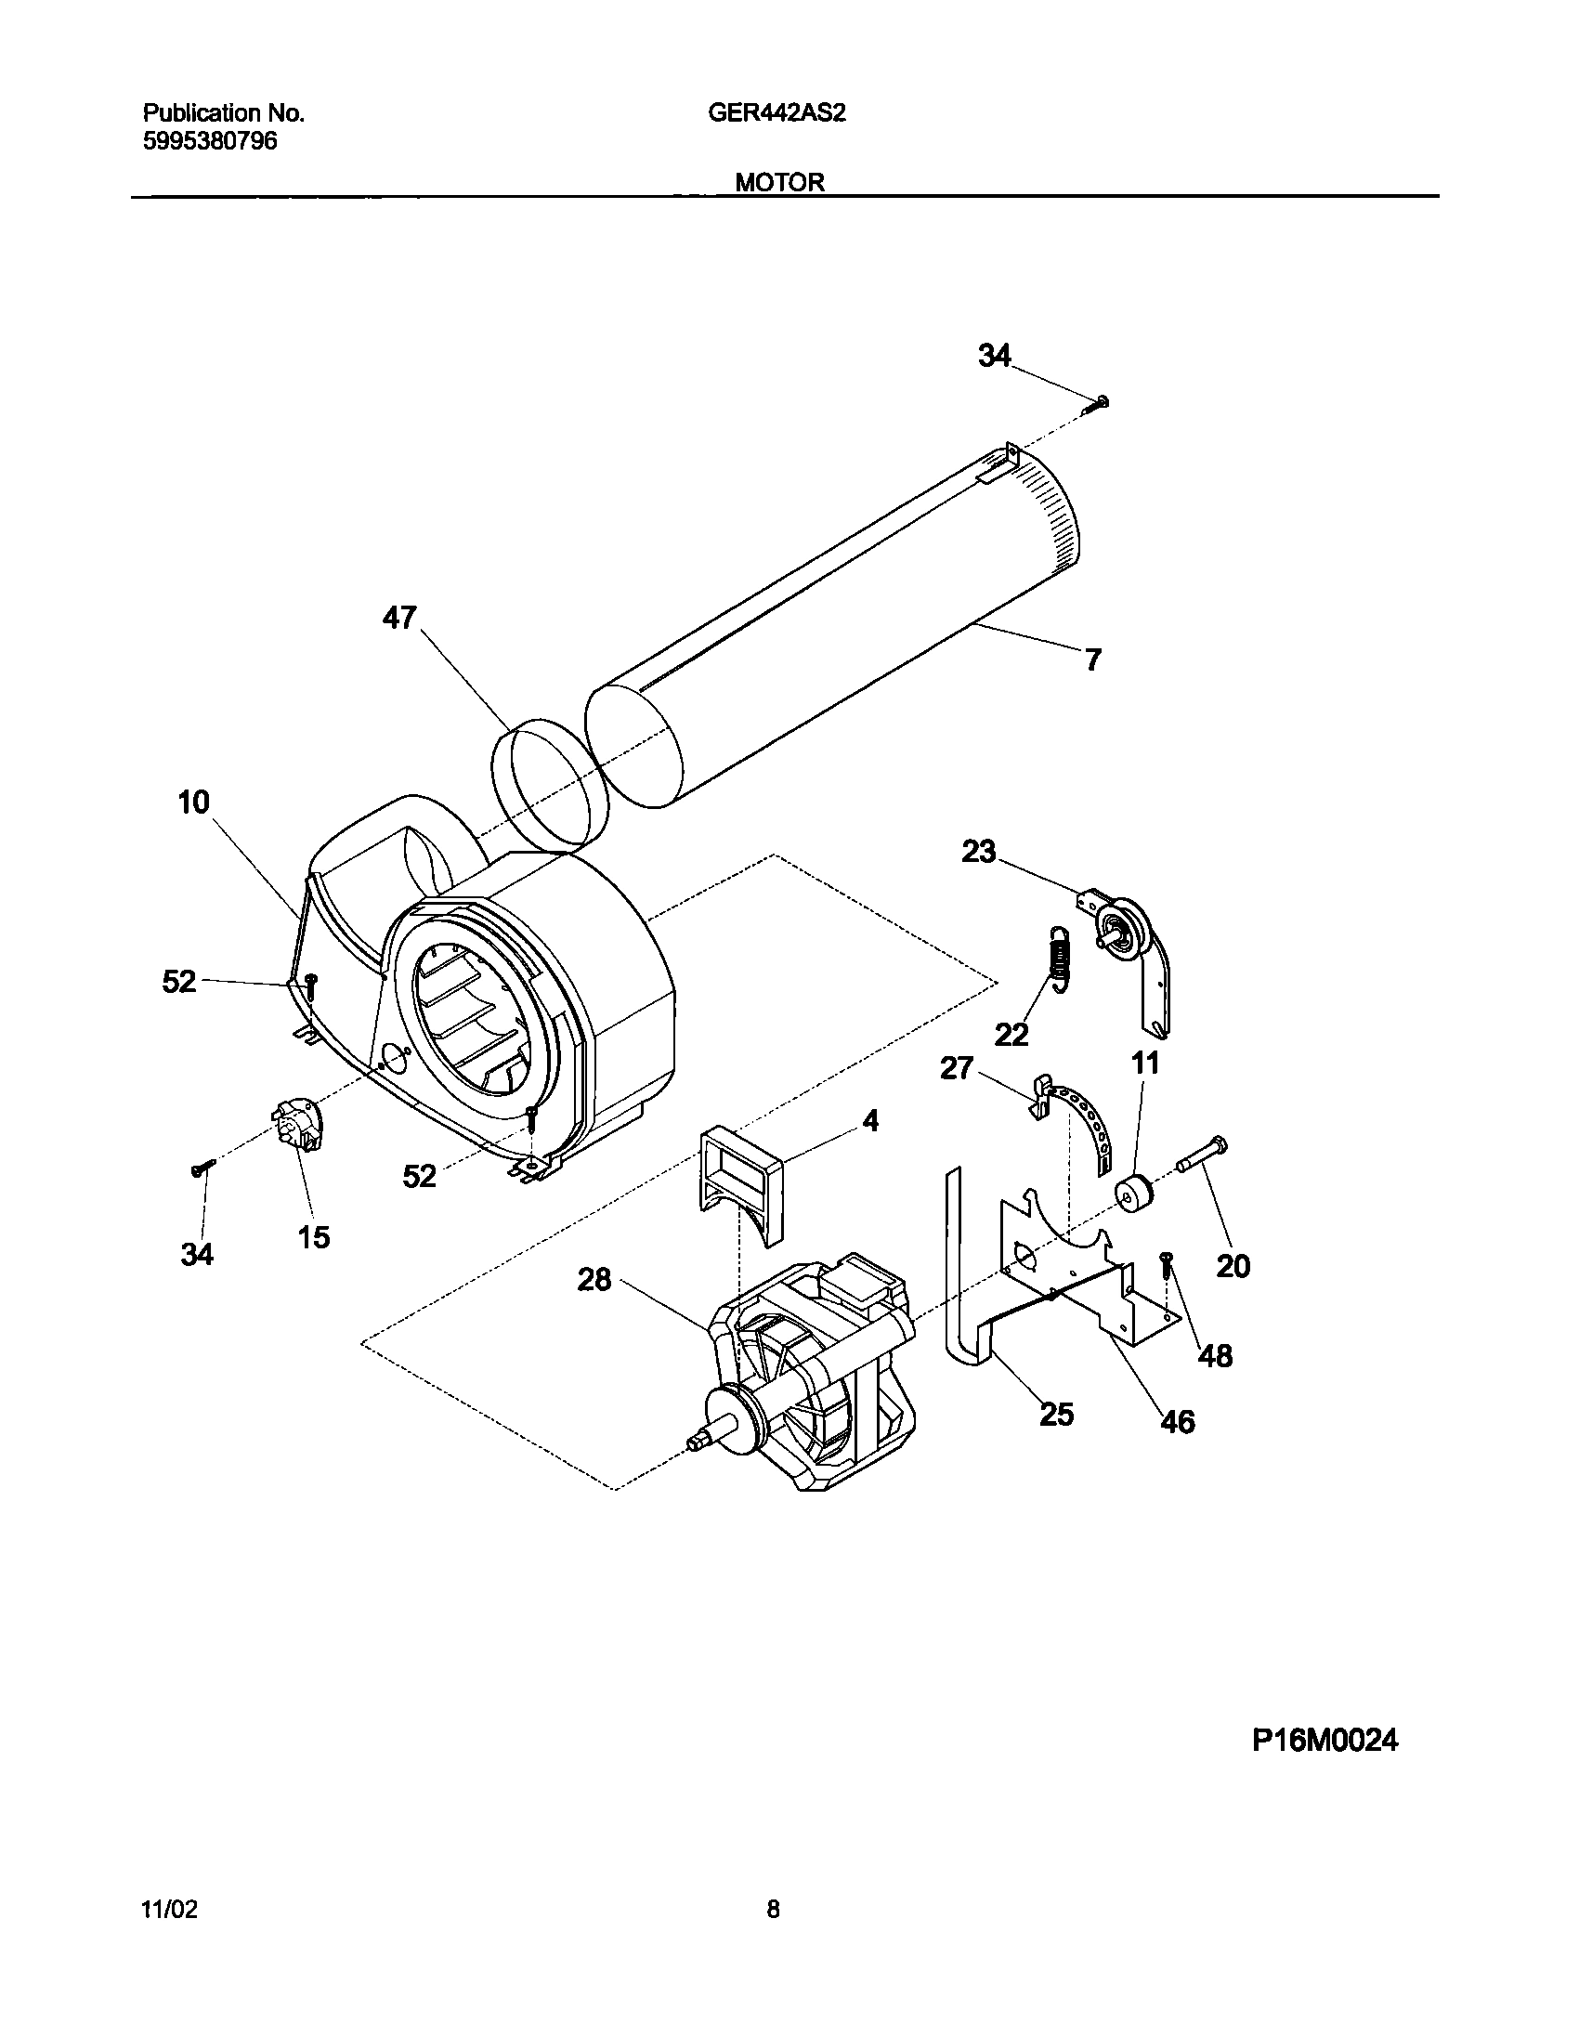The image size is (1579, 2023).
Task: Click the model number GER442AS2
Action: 776,113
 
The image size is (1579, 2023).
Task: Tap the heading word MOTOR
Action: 779,183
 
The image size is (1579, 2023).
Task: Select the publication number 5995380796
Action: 210,141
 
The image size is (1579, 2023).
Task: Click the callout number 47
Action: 399,618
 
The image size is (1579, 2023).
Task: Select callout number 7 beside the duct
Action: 1093,660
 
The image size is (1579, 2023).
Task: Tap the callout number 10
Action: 193,802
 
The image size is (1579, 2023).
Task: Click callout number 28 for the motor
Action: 594,1280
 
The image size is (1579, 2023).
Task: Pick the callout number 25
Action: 1056,1415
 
